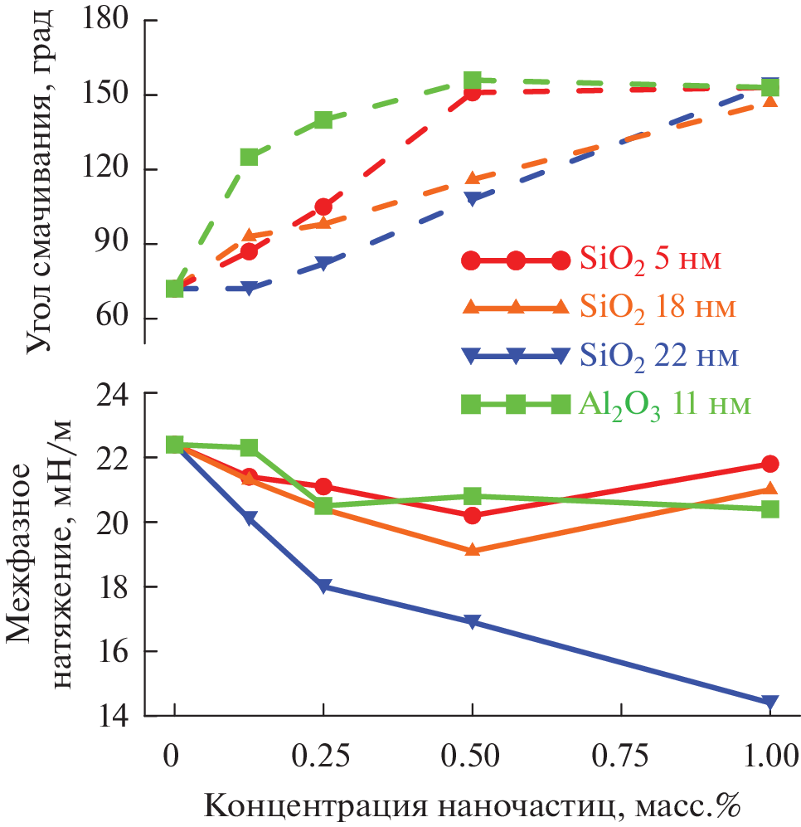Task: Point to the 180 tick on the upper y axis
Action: [114, 19]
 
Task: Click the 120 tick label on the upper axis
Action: [114, 169]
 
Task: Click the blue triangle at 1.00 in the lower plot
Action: [770, 703]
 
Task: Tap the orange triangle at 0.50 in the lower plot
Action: [473, 550]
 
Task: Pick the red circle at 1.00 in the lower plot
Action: [770, 464]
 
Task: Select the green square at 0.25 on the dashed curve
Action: [323, 119]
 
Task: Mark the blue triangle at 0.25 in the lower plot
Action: [323, 586]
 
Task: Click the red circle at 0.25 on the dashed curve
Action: [323, 207]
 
